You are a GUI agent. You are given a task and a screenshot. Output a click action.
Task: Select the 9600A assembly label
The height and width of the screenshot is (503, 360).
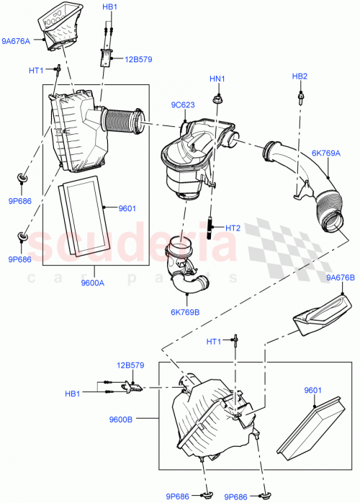(x=92, y=282)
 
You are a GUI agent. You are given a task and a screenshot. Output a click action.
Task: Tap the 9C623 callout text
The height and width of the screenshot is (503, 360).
(x=183, y=105)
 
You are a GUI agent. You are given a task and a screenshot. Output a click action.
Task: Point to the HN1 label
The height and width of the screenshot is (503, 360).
(x=217, y=79)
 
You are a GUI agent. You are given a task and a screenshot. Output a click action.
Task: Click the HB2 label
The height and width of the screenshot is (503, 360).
(x=300, y=76)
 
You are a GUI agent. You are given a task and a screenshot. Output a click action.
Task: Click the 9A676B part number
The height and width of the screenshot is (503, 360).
(x=340, y=277)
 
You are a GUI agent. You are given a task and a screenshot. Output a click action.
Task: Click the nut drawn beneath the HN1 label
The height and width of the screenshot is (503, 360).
(x=217, y=97)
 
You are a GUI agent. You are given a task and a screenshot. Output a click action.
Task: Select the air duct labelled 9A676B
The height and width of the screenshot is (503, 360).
(x=322, y=314)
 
